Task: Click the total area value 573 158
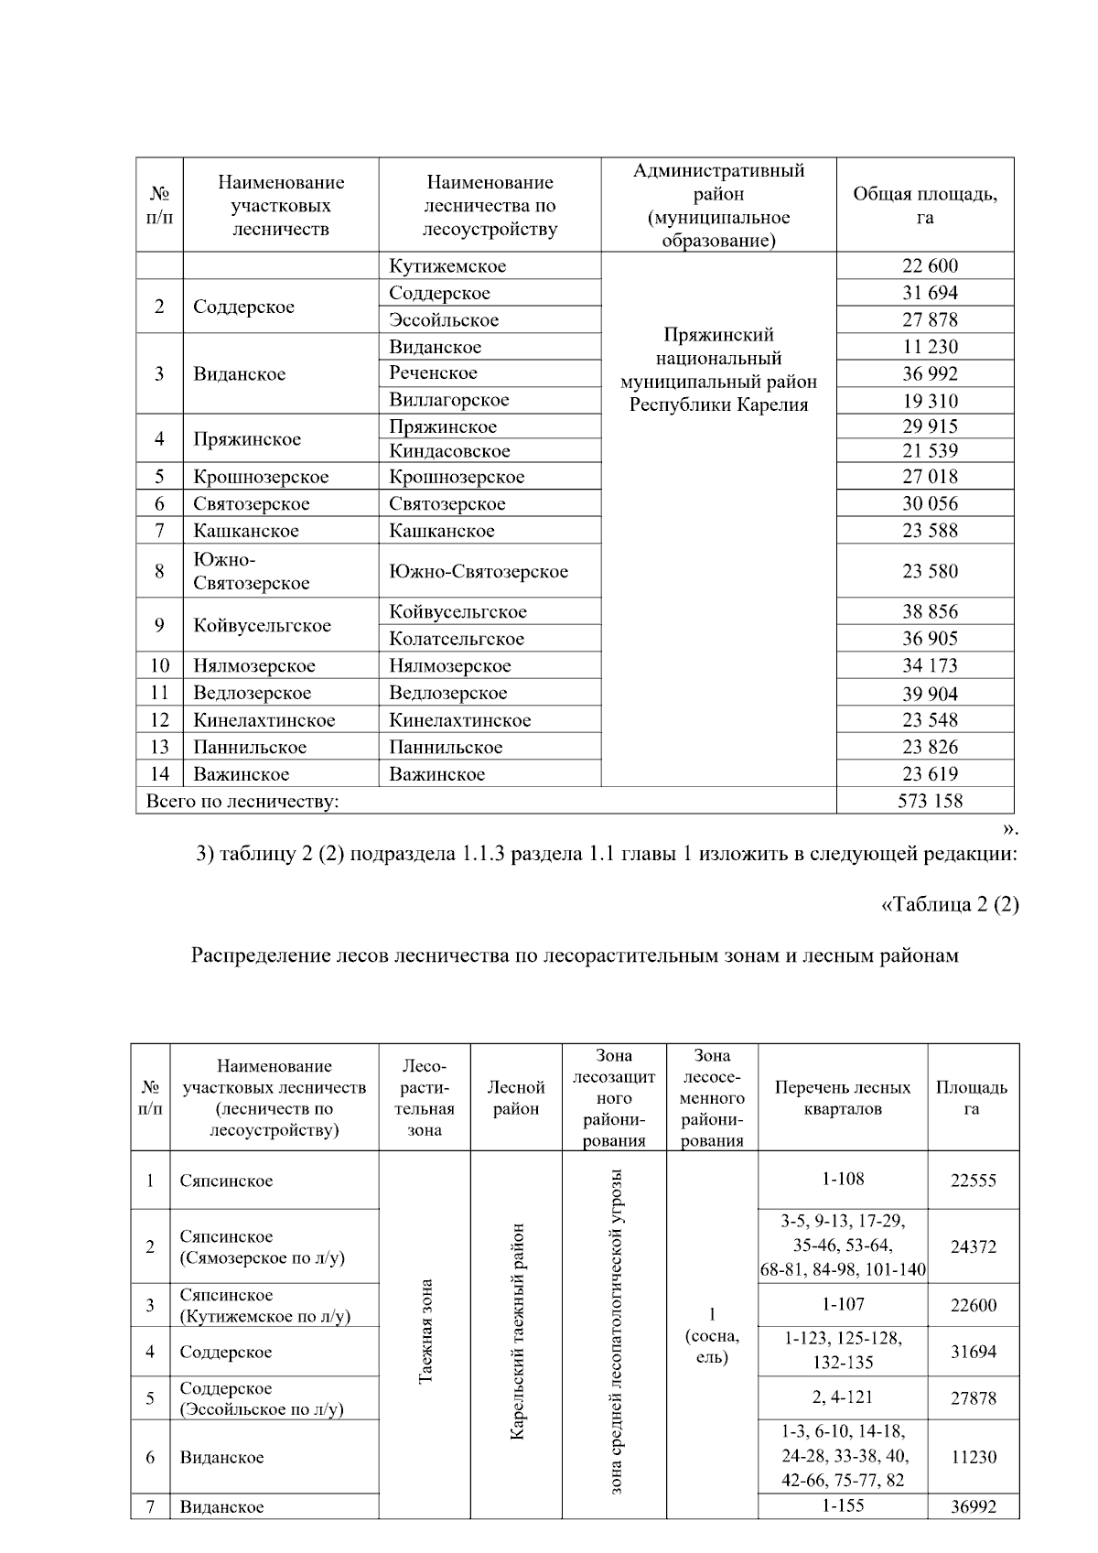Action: (930, 801)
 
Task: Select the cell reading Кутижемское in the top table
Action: (447, 266)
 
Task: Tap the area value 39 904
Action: (930, 694)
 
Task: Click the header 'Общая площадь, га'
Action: (925, 206)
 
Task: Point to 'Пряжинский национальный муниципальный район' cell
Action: (718, 370)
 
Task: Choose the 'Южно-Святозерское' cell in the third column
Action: (479, 572)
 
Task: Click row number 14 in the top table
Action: (159, 774)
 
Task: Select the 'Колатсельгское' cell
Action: (457, 639)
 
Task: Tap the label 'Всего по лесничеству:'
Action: (242, 802)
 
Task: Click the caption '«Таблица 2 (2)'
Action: (949, 905)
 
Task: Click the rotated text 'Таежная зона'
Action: (425, 1332)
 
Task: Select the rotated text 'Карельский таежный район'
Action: (517, 1332)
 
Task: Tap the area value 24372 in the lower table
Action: (973, 1246)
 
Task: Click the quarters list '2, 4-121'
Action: (842, 1397)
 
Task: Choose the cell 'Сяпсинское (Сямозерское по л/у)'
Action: (262, 1247)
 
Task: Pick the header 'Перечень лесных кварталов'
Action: (843, 1098)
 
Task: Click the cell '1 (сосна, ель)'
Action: (712, 1336)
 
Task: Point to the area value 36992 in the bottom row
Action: (973, 1507)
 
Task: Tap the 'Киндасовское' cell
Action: (449, 451)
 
